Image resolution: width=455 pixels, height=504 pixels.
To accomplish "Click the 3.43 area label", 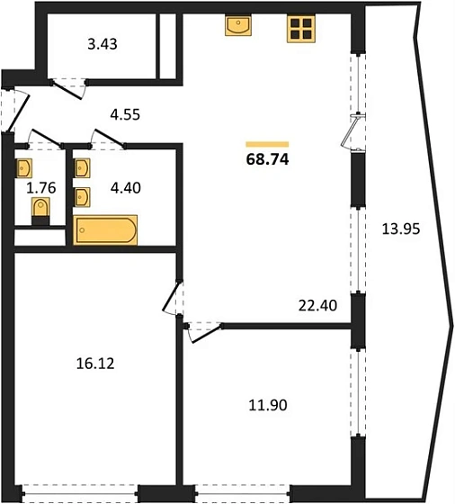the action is coord(103,44).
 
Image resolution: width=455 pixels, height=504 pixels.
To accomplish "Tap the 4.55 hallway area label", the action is coord(125,114).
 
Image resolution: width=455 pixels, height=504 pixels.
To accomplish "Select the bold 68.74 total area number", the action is coord(267,159).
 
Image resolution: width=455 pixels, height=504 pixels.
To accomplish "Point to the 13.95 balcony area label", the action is coord(401,229).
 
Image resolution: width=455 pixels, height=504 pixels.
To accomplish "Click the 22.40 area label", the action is coord(317,305).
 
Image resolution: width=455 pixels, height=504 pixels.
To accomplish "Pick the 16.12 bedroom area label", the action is coord(95,364).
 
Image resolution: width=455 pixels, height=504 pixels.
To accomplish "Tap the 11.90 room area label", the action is coord(268,405).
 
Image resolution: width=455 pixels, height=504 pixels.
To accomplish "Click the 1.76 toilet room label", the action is coord(41,188).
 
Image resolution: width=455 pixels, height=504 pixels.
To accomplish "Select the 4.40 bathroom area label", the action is coord(126,188).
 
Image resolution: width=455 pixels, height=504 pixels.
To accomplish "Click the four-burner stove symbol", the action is coord(301,28).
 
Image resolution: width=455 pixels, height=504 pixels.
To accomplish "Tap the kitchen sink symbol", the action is coord(238,25).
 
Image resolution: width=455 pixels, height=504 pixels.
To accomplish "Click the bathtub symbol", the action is coord(105,229).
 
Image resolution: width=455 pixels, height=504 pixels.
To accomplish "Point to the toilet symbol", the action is coord(40,211).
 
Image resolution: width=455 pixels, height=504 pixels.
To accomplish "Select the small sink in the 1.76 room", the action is coord(24,167).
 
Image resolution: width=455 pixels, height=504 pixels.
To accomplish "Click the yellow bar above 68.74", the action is coord(267,144).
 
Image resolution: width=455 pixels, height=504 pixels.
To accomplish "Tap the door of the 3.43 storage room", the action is coord(67,89).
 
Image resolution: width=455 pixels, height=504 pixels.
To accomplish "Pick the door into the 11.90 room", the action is coord(203,332).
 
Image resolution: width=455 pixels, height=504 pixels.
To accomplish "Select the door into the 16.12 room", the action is coord(174,297).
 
